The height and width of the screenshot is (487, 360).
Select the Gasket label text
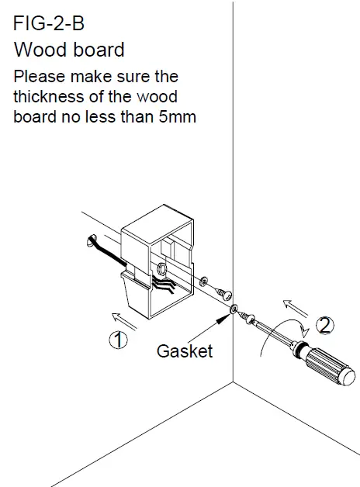pos(185,351)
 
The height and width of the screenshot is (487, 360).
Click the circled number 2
pos(327,326)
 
